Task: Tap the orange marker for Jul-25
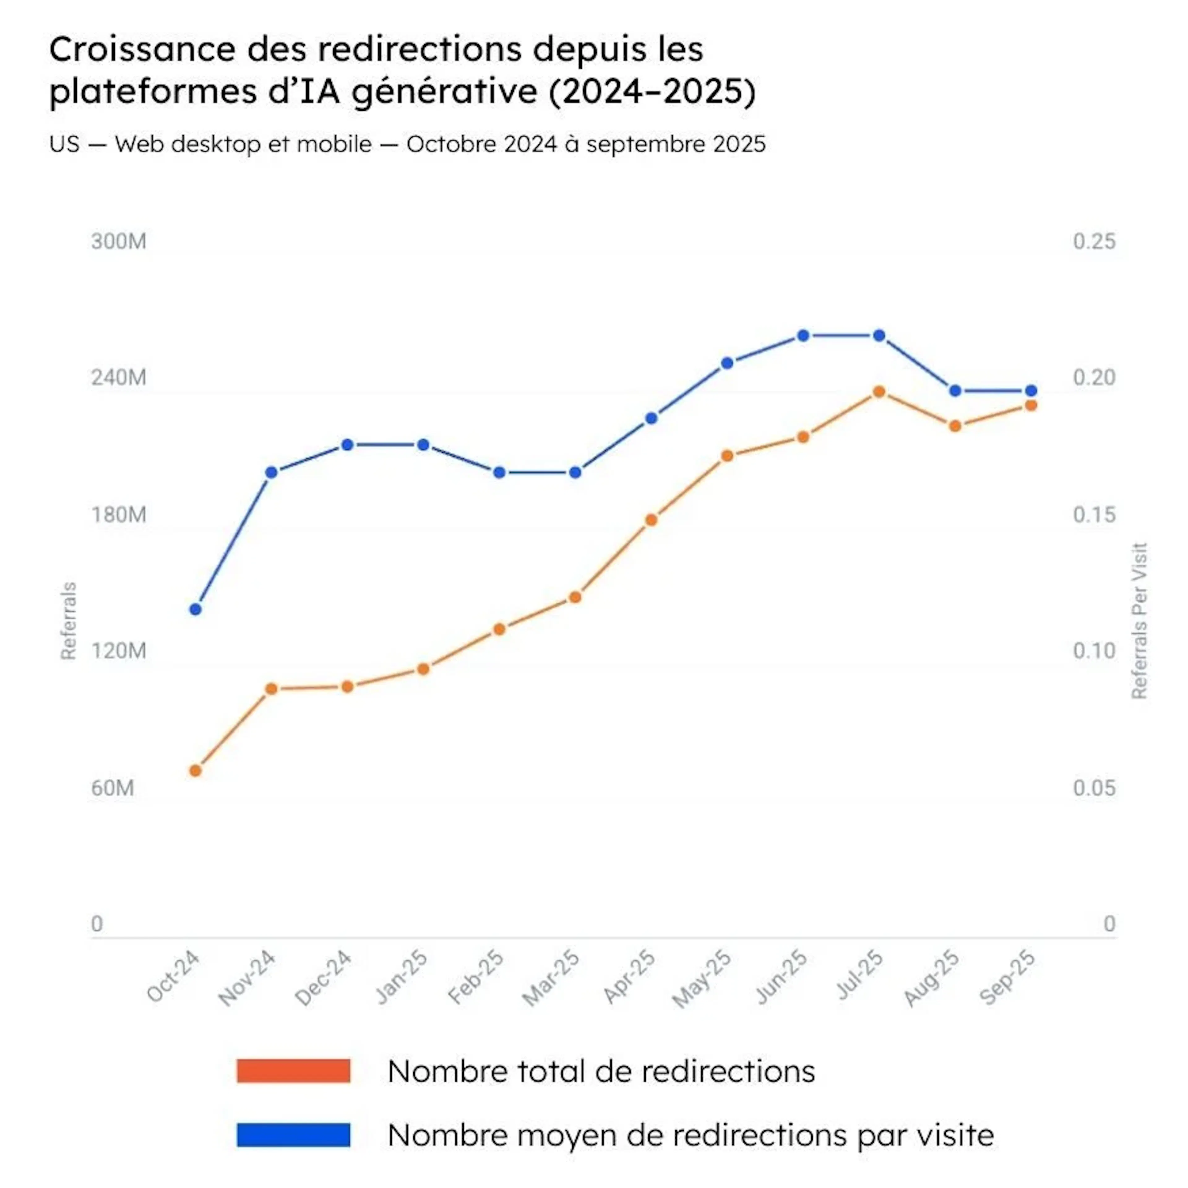pyautogui.click(x=879, y=392)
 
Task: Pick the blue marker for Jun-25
pyautogui.click(x=803, y=336)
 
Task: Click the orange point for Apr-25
pyautogui.click(x=651, y=520)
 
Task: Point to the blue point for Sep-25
pyautogui.click(x=1031, y=390)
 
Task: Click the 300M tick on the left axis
pyautogui.click(x=119, y=241)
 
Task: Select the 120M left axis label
pyautogui.click(x=119, y=651)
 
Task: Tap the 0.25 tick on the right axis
pyautogui.click(x=1094, y=241)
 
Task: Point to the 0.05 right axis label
pyautogui.click(x=1094, y=788)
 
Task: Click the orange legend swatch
pyautogui.click(x=293, y=1070)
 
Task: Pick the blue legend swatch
pyautogui.click(x=293, y=1134)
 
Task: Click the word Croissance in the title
pyautogui.click(x=142, y=49)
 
